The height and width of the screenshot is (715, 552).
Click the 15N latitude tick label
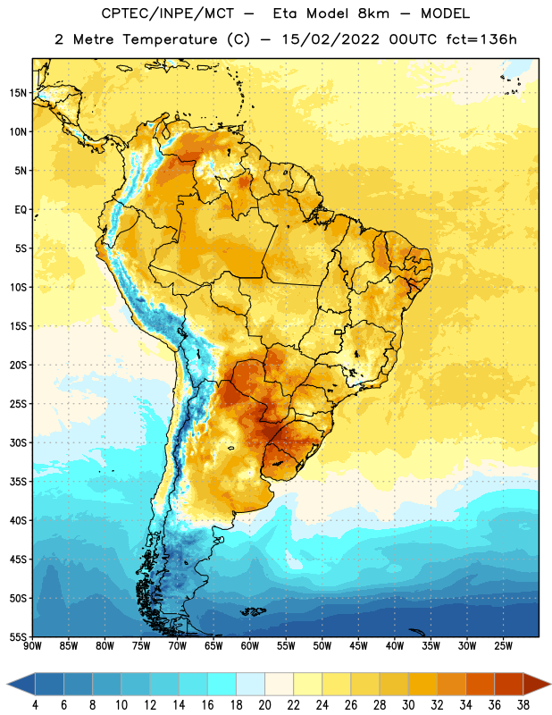point(18,93)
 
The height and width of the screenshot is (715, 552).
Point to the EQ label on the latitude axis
point(21,210)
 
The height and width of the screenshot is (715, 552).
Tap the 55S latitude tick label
point(18,636)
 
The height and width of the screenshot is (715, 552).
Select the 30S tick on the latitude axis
point(18,442)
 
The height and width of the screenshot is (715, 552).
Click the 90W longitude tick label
point(32,645)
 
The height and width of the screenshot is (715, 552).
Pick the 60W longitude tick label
point(250,645)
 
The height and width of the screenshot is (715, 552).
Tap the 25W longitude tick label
point(503,645)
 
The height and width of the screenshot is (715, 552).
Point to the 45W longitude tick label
point(358,645)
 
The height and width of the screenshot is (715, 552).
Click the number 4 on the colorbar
point(35,705)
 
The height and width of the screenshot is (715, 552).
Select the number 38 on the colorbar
point(523,705)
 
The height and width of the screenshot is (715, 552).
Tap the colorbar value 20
point(264,705)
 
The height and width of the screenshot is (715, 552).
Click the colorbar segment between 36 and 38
point(509,684)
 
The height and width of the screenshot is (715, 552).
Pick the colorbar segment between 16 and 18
point(222,684)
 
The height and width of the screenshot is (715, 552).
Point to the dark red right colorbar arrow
point(536,684)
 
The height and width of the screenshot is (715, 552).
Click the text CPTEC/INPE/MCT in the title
point(167,13)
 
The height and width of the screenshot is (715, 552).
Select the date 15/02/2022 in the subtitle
point(330,39)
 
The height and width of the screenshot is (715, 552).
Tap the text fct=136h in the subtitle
point(481,39)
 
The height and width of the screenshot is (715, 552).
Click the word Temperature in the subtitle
point(170,39)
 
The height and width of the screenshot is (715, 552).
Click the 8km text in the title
point(373,13)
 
